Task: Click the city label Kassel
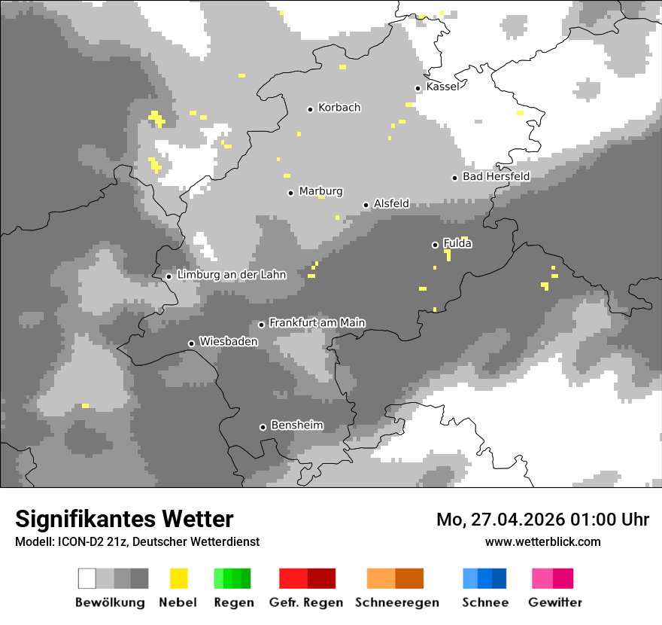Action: pos(442,87)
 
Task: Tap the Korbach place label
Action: pos(339,108)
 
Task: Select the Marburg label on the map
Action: pos(320,191)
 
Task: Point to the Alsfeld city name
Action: pos(391,203)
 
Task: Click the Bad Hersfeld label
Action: pos(496,176)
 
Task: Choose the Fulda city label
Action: pos(457,243)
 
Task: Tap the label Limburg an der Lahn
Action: pos(231,275)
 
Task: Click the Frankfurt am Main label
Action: pos(317,323)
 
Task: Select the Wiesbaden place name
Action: pos(228,342)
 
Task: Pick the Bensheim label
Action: pos(296,425)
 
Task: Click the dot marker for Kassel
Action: pos(418,88)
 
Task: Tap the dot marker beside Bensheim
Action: pos(263,427)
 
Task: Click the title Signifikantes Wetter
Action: pos(124,519)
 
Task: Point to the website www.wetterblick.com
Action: pos(542,541)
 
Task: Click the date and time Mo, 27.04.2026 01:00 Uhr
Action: pos(542,520)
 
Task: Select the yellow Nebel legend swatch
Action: pos(178,578)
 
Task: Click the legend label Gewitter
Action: pos(554,602)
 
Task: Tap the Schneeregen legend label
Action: pos(396,602)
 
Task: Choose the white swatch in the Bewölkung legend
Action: pos(87,578)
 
